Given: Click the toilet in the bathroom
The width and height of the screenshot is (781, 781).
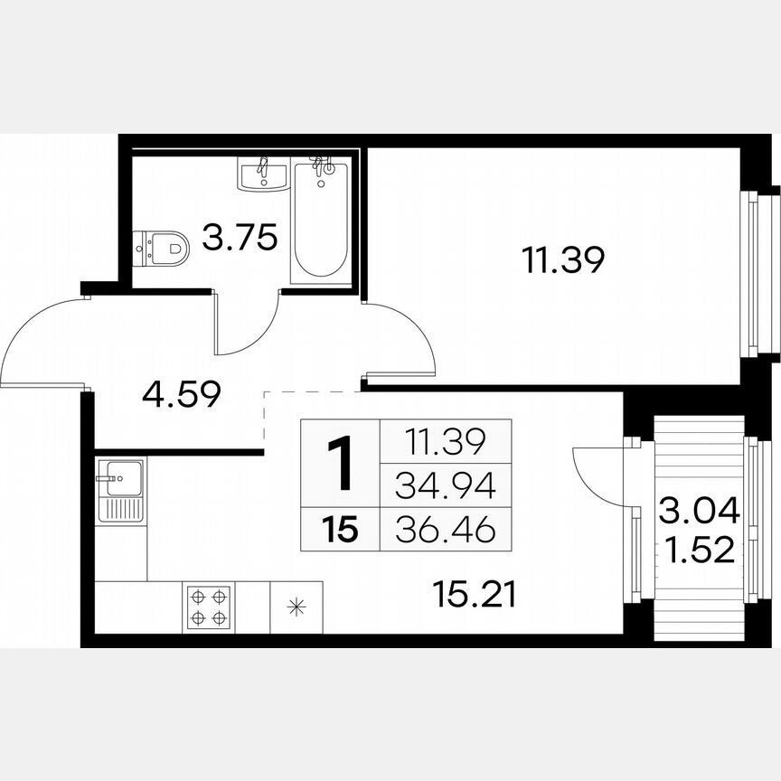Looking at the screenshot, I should point(162,247).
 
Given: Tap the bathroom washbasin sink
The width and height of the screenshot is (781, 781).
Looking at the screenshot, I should point(262,173).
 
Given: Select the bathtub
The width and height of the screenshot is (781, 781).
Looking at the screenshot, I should point(321,221).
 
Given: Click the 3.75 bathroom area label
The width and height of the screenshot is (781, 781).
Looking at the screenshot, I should point(239,240).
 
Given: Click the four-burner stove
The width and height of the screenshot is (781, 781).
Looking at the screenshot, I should point(207,607).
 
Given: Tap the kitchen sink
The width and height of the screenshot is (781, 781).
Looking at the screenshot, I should point(119,489).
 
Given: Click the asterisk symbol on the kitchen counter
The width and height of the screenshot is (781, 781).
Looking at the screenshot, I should point(296,607).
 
